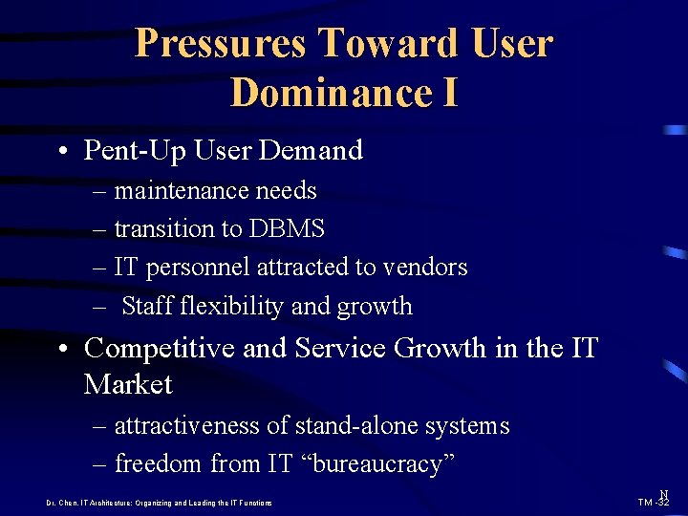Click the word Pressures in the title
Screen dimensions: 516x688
220,44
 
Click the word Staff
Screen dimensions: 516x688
147,307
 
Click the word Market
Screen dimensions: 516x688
128,385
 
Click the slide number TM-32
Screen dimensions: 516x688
654,502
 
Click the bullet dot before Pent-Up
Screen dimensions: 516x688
61,151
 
